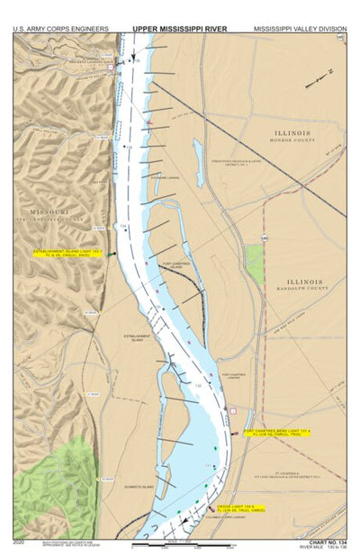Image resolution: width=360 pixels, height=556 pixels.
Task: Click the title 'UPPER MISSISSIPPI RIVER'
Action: (179, 29)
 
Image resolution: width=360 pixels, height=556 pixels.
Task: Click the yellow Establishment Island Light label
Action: (68, 253)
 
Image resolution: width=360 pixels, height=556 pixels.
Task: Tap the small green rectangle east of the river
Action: (255, 265)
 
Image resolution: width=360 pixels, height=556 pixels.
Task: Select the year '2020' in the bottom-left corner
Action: (20, 543)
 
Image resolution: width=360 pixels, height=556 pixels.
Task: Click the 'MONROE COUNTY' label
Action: (293, 142)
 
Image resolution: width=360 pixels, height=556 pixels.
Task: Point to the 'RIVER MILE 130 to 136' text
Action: (325, 549)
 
